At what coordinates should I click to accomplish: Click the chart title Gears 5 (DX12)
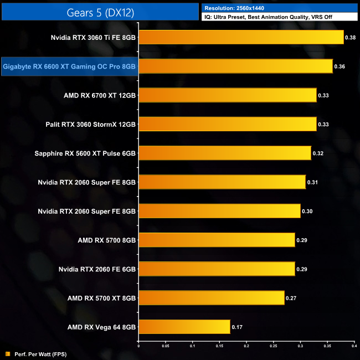tap(100, 11)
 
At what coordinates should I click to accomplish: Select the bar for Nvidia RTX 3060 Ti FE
tap(241, 38)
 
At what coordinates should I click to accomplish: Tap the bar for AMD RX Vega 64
tap(184, 327)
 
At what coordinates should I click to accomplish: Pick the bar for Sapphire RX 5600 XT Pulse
tap(224, 153)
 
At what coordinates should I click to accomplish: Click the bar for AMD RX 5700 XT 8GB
tap(211, 298)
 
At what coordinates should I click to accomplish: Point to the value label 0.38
tap(350, 38)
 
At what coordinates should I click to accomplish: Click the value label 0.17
tap(236, 327)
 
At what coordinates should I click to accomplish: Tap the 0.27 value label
tap(291, 298)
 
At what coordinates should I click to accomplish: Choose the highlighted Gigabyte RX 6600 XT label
tap(69, 66)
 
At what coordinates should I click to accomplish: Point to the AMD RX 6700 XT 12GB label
tap(100, 95)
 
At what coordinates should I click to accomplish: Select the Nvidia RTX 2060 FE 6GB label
tap(97, 269)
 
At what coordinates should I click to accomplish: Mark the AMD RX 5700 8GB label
tap(107, 240)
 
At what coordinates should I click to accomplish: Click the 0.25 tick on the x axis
tap(273, 347)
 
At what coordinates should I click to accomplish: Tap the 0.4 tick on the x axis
tap(353, 347)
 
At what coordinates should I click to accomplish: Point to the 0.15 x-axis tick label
tap(219, 347)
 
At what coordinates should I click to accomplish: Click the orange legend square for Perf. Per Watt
tap(7, 353)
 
